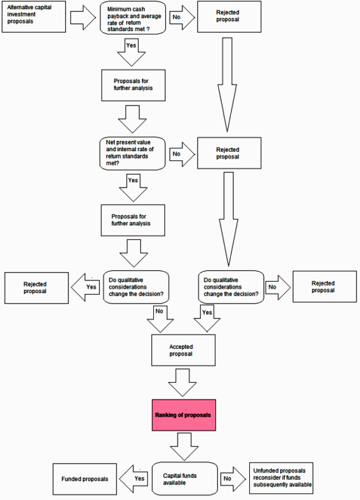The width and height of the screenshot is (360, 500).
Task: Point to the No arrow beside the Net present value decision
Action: pyautogui.click(x=180, y=153)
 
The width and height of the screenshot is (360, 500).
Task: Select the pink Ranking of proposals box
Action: pyautogui.click(x=184, y=414)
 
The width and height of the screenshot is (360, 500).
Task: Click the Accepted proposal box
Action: pyautogui.click(x=183, y=350)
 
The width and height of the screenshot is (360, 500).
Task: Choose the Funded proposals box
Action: pyautogui.click(x=84, y=479)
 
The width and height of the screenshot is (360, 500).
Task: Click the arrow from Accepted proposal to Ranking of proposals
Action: pyautogui.click(x=184, y=382)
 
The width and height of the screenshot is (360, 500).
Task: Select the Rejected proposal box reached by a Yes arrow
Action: pyautogui.click(x=35, y=287)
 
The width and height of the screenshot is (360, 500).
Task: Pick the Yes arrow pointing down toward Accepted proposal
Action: pyautogui.click(x=206, y=318)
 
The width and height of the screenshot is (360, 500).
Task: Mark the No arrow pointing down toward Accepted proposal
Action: pyautogui.click(x=159, y=318)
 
